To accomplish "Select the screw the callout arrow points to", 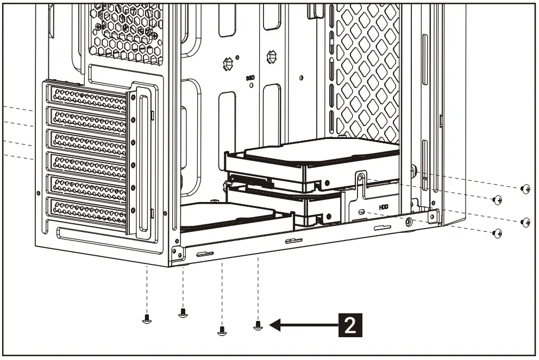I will (258, 325).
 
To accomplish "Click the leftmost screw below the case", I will (146, 318).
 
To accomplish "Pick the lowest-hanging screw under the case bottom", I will (221, 330).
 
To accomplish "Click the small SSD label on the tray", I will (250, 78).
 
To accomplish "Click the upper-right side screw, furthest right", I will (525, 189).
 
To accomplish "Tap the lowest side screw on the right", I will (497, 233).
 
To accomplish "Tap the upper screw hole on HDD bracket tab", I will (359, 176).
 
